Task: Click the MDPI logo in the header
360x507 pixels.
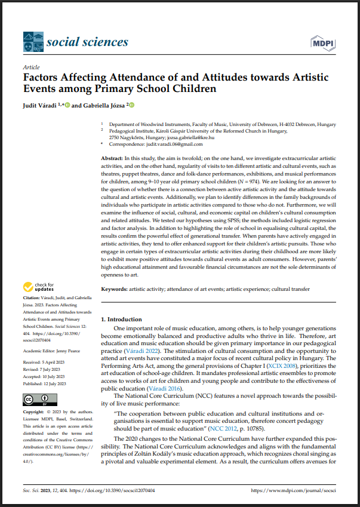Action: click(x=323, y=42)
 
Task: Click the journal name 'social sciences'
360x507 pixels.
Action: click(x=87, y=42)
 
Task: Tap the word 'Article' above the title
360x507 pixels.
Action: click(x=31, y=67)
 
